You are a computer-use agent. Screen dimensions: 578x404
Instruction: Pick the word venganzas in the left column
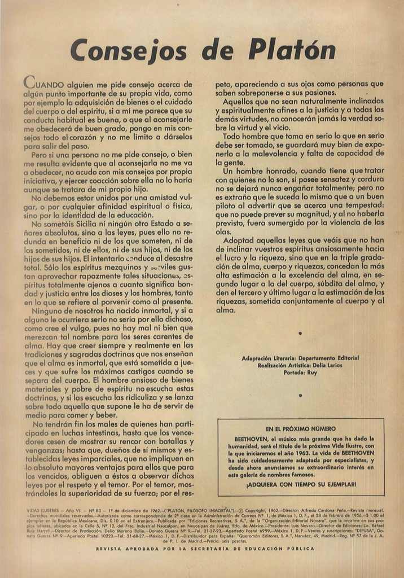click(x=46, y=450)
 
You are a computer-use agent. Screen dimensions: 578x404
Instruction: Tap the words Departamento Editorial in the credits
click(x=328, y=358)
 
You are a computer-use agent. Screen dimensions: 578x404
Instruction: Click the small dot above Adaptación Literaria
click(x=300, y=334)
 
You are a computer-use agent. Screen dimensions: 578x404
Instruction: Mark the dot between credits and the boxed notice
click(x=300, y=396)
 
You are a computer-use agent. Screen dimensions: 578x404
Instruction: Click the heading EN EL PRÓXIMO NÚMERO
click(x=301, y=429)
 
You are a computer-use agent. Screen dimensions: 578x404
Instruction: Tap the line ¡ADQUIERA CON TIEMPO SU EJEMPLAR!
click(x=301, y=484)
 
